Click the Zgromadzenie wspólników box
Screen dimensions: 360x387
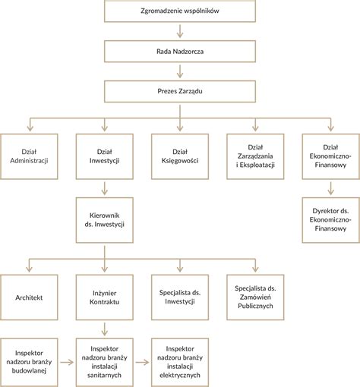pos(180,11)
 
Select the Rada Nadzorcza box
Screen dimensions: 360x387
pos(180,52)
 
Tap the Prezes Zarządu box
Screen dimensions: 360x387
pos(180,91)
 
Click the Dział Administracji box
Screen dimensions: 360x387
pos(29,156)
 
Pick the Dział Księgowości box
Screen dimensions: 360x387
pos(180,156)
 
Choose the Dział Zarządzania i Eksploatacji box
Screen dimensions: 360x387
pos(255,156)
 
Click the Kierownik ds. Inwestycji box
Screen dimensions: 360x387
pos(105,220)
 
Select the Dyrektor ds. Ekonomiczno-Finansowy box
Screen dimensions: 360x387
pos(331,220)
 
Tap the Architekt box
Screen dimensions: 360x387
pos(29,297)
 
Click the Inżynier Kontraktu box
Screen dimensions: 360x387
pos(105,297)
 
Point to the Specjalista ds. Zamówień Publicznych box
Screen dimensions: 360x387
pos(255,297)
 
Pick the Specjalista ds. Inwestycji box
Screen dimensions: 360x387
pos(180,297)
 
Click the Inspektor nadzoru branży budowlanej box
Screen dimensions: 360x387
pos(29,363)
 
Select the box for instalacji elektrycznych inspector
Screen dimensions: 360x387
pos(180,363)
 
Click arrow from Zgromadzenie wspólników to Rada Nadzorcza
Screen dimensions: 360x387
pos(180,31)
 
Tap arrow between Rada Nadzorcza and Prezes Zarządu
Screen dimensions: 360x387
pos(180,71)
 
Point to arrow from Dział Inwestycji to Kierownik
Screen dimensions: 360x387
pos(105,188)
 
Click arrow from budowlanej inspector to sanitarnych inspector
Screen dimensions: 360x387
pos(67,363)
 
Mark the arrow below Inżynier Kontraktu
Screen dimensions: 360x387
pos(105,329)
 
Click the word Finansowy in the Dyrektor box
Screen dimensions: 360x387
pos(330,228)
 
